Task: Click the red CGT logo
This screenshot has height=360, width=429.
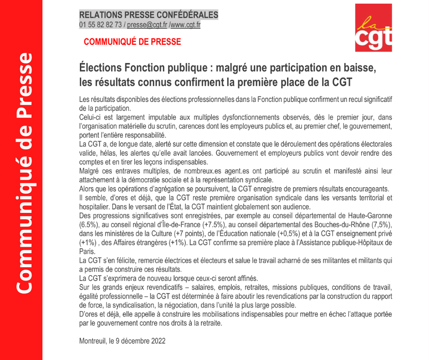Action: coord(373,28)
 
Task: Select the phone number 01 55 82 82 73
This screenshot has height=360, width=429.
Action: coord(100,25)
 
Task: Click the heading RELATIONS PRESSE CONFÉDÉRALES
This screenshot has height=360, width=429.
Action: coord(149,15)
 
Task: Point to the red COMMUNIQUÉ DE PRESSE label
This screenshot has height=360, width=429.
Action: coord(132,42)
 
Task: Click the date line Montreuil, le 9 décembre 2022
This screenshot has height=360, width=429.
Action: coord(122,341)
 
